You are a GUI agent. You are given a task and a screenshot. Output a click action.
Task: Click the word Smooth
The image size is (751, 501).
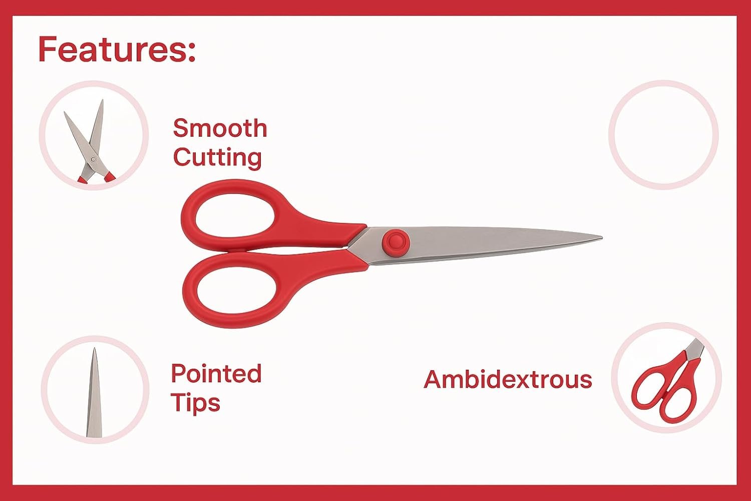click(220, 128)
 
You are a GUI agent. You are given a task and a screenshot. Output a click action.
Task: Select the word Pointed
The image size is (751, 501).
click(216, 373)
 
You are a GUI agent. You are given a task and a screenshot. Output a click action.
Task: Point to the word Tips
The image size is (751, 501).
click(196, 403)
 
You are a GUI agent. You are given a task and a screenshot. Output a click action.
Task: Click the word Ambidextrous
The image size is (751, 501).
click(508, 379)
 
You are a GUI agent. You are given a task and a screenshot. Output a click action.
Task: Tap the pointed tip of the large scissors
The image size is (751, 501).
click(601, 238)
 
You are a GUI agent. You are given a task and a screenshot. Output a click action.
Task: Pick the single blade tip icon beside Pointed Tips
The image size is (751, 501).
click(94, 393)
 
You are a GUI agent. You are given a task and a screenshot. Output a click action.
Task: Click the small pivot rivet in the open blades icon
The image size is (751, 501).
click(93, 159)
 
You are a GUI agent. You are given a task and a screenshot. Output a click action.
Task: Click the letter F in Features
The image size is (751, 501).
click(47, 49)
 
